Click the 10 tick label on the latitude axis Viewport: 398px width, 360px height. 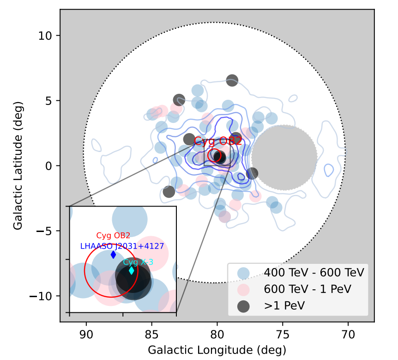[45, 36]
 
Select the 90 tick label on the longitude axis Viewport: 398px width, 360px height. [86, 335]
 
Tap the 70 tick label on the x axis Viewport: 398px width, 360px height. [348, 335]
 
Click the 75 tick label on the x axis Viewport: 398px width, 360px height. [283, 335]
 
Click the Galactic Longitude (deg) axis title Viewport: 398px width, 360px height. [217, 350]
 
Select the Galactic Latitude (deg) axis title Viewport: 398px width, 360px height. [18, 165]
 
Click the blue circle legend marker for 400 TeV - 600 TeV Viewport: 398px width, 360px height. [243, 273]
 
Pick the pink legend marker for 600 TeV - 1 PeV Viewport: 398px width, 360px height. [243, 290]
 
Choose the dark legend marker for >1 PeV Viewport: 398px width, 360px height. [243, 306]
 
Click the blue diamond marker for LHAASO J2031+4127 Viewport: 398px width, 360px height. [113, 255]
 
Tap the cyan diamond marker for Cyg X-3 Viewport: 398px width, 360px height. [132, 270]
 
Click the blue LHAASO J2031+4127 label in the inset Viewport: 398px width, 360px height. [122, 246]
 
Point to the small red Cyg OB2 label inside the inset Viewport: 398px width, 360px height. [113, 236]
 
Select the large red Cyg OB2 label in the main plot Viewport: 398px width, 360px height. [218, 141]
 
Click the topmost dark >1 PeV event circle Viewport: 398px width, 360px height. [232, 80]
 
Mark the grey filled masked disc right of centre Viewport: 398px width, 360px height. [284, 158]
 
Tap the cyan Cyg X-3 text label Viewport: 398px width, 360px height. [138, 262]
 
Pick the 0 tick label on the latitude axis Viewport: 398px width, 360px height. [49, 166]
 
